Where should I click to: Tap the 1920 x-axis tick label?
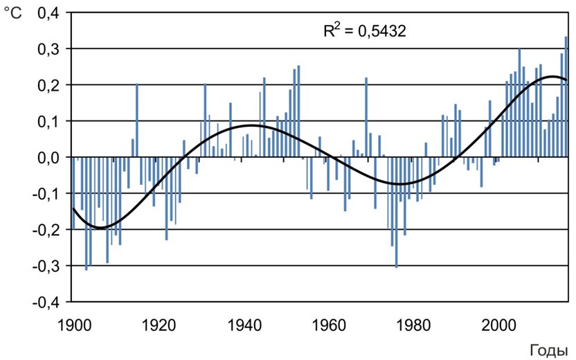160,323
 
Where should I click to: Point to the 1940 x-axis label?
245,323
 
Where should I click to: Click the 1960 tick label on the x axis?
330,323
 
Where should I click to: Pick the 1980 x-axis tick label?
415,323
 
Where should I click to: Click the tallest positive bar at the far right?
566,97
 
